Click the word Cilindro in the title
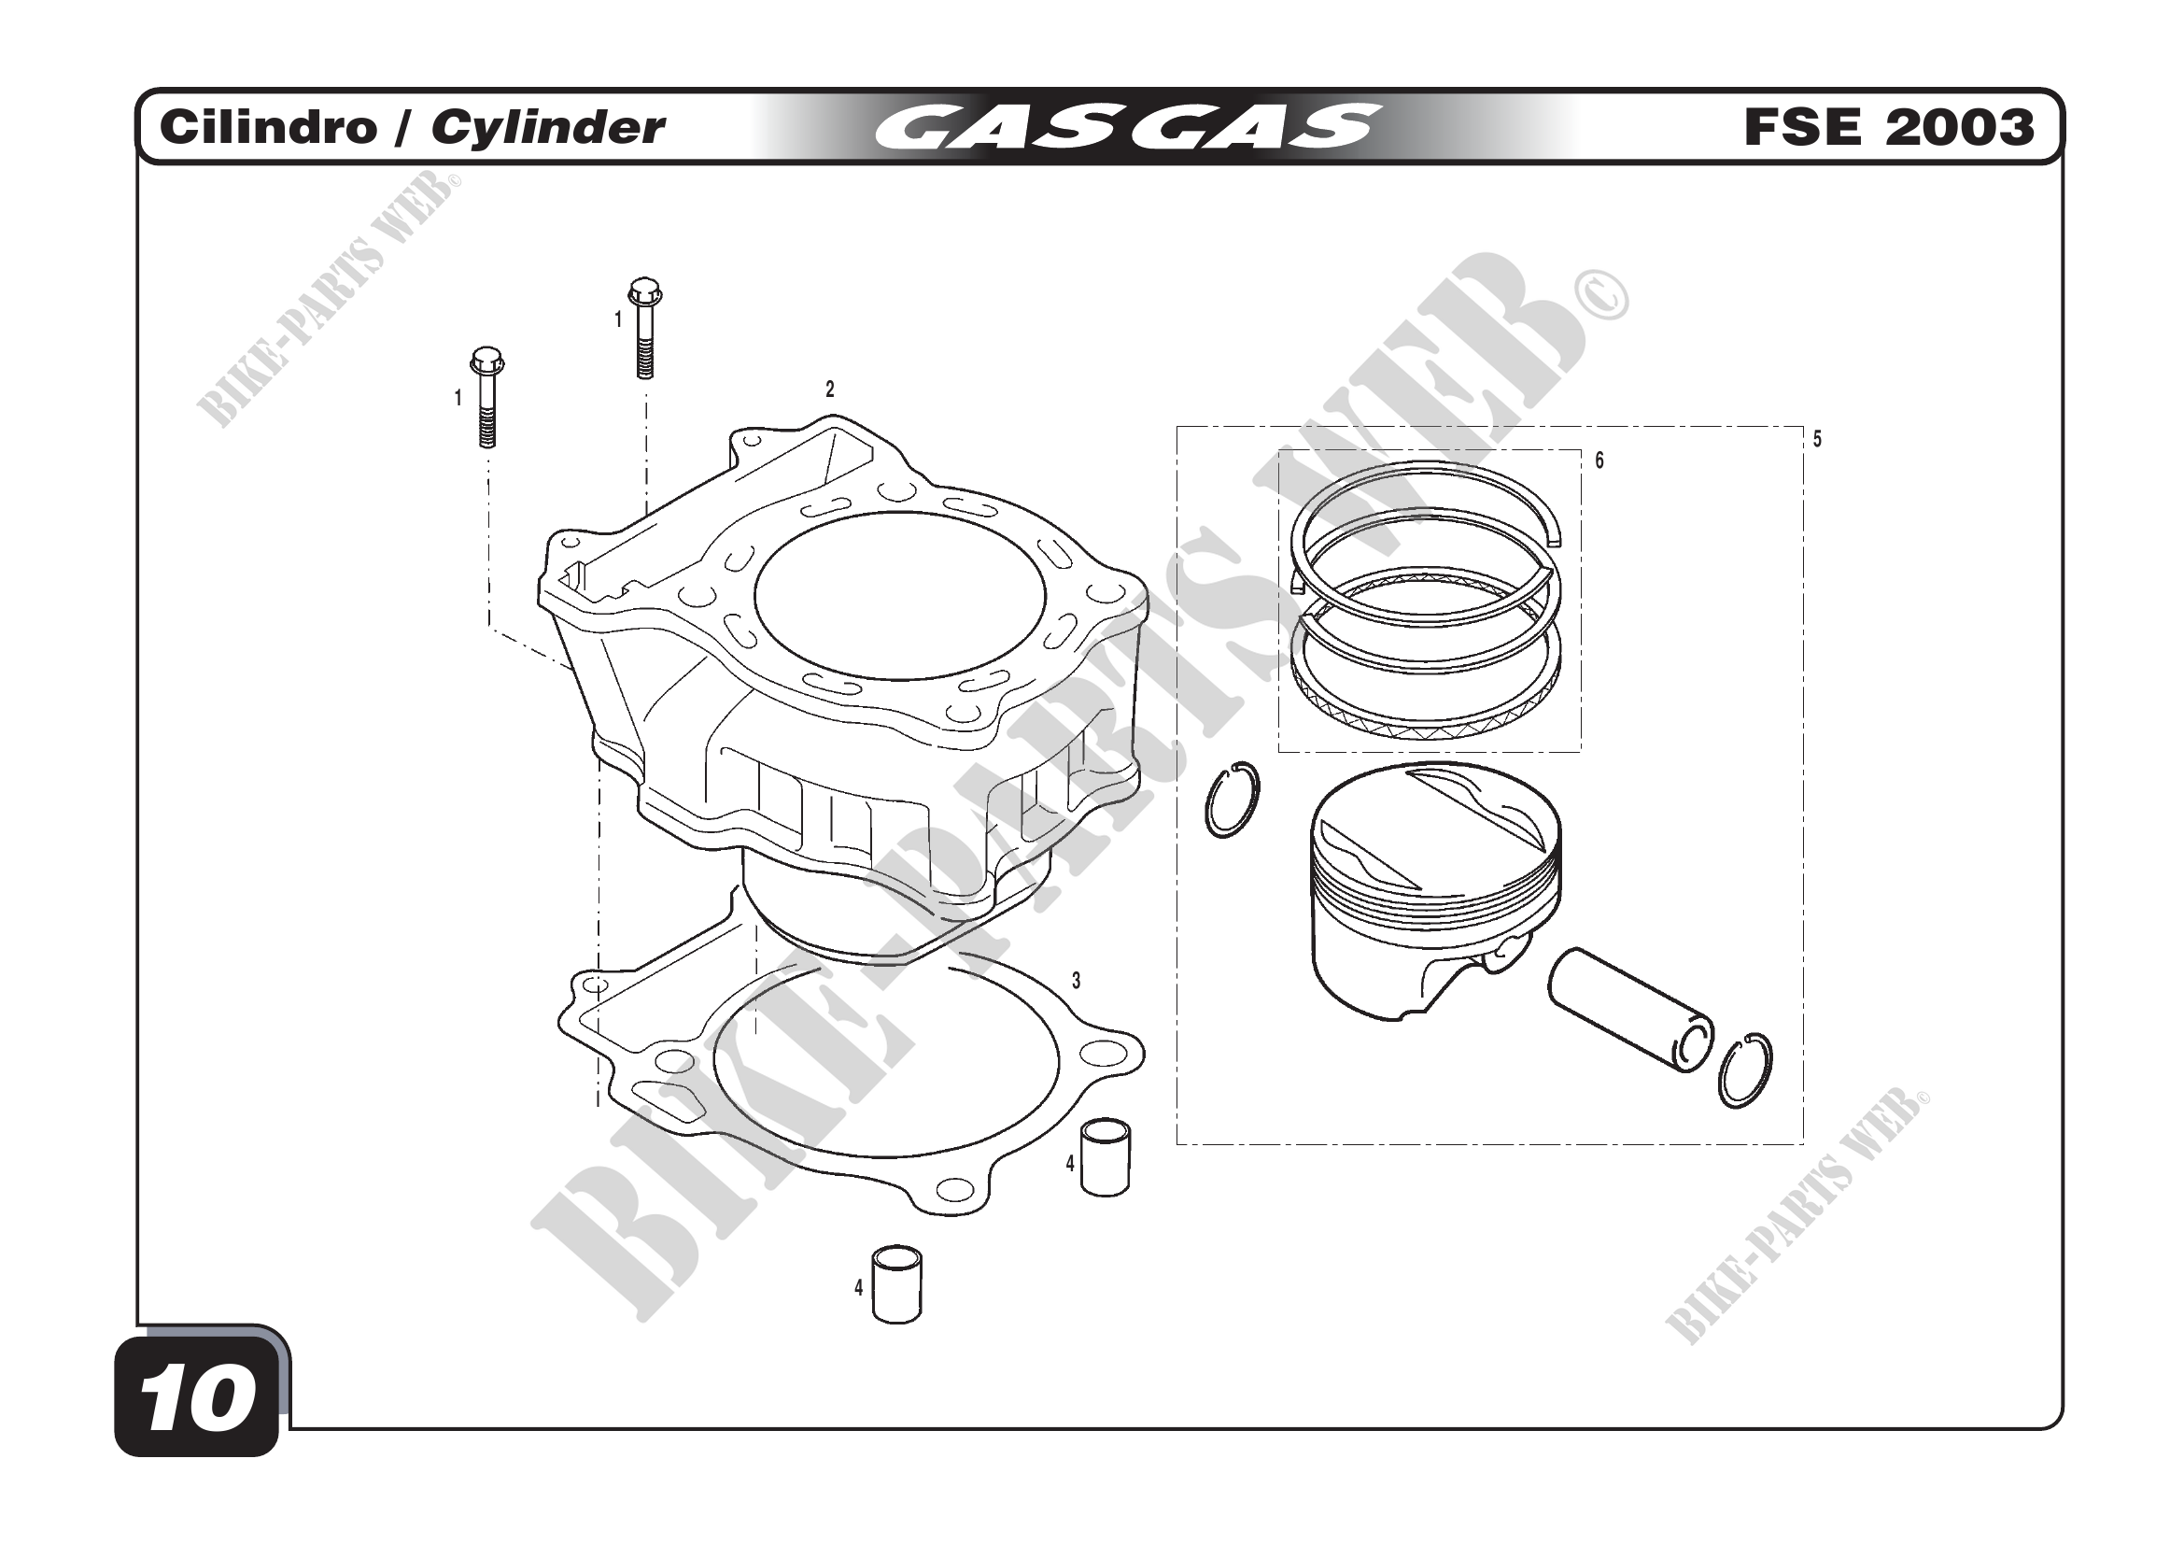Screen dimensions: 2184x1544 (268, 127)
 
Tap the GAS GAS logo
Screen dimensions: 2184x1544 (1127, 127)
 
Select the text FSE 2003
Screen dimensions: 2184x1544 (1889, 127)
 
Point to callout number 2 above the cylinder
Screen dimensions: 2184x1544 (829, 390)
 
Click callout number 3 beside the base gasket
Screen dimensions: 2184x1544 (1076, 981)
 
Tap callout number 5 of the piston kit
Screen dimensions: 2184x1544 (1817, 440)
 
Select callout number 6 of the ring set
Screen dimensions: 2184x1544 (1599, 460)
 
